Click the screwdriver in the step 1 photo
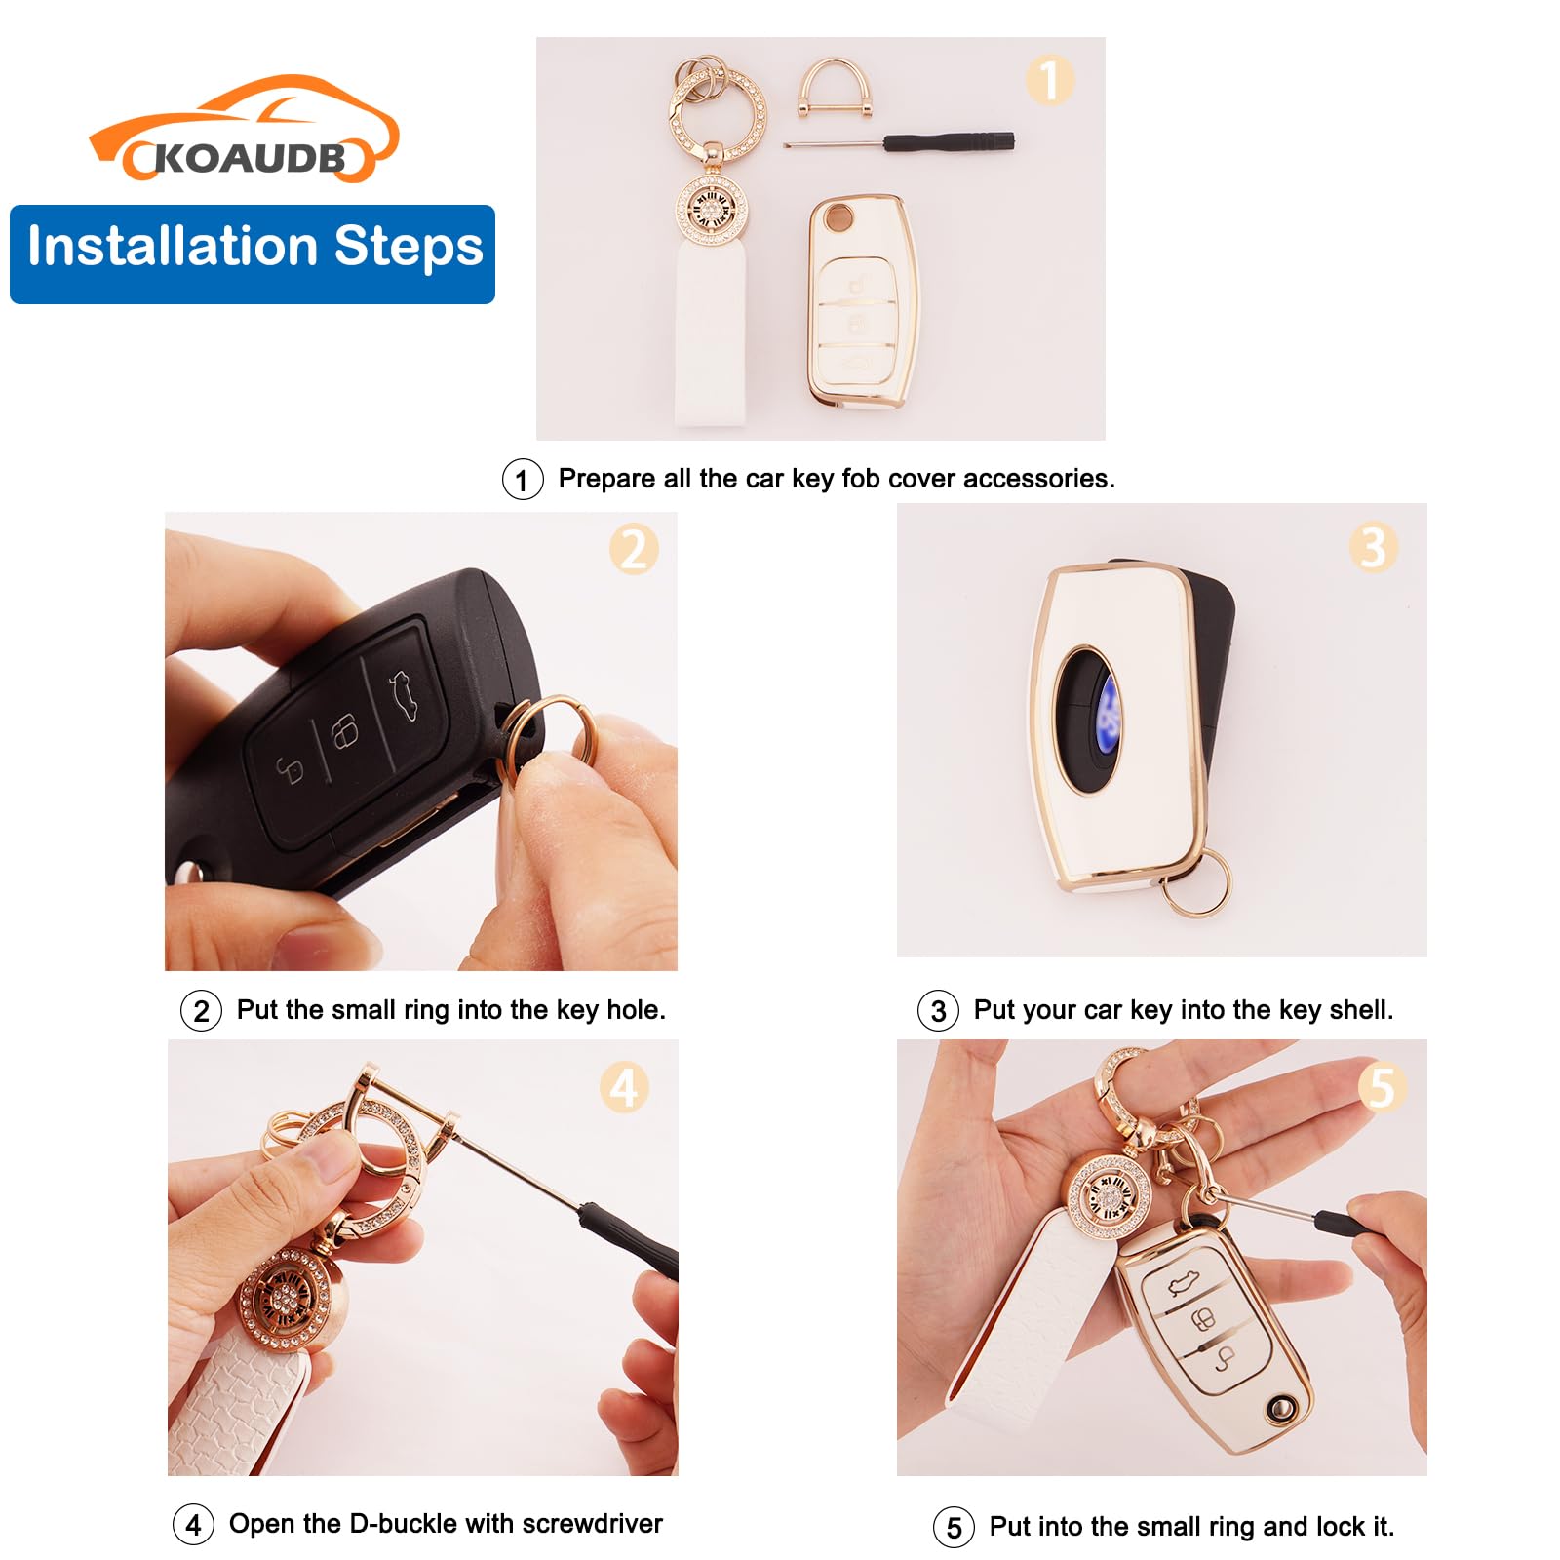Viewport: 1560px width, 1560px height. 899,142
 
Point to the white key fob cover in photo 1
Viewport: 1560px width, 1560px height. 862,301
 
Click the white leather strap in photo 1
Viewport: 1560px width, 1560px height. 712,332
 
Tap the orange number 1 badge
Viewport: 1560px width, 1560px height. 1049,80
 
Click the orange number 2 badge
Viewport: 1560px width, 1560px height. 634,549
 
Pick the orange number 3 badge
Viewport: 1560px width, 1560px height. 1374,547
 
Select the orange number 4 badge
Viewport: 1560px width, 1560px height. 624,1087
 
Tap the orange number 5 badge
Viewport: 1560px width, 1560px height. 1383,1086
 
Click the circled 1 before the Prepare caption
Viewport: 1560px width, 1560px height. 523,480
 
